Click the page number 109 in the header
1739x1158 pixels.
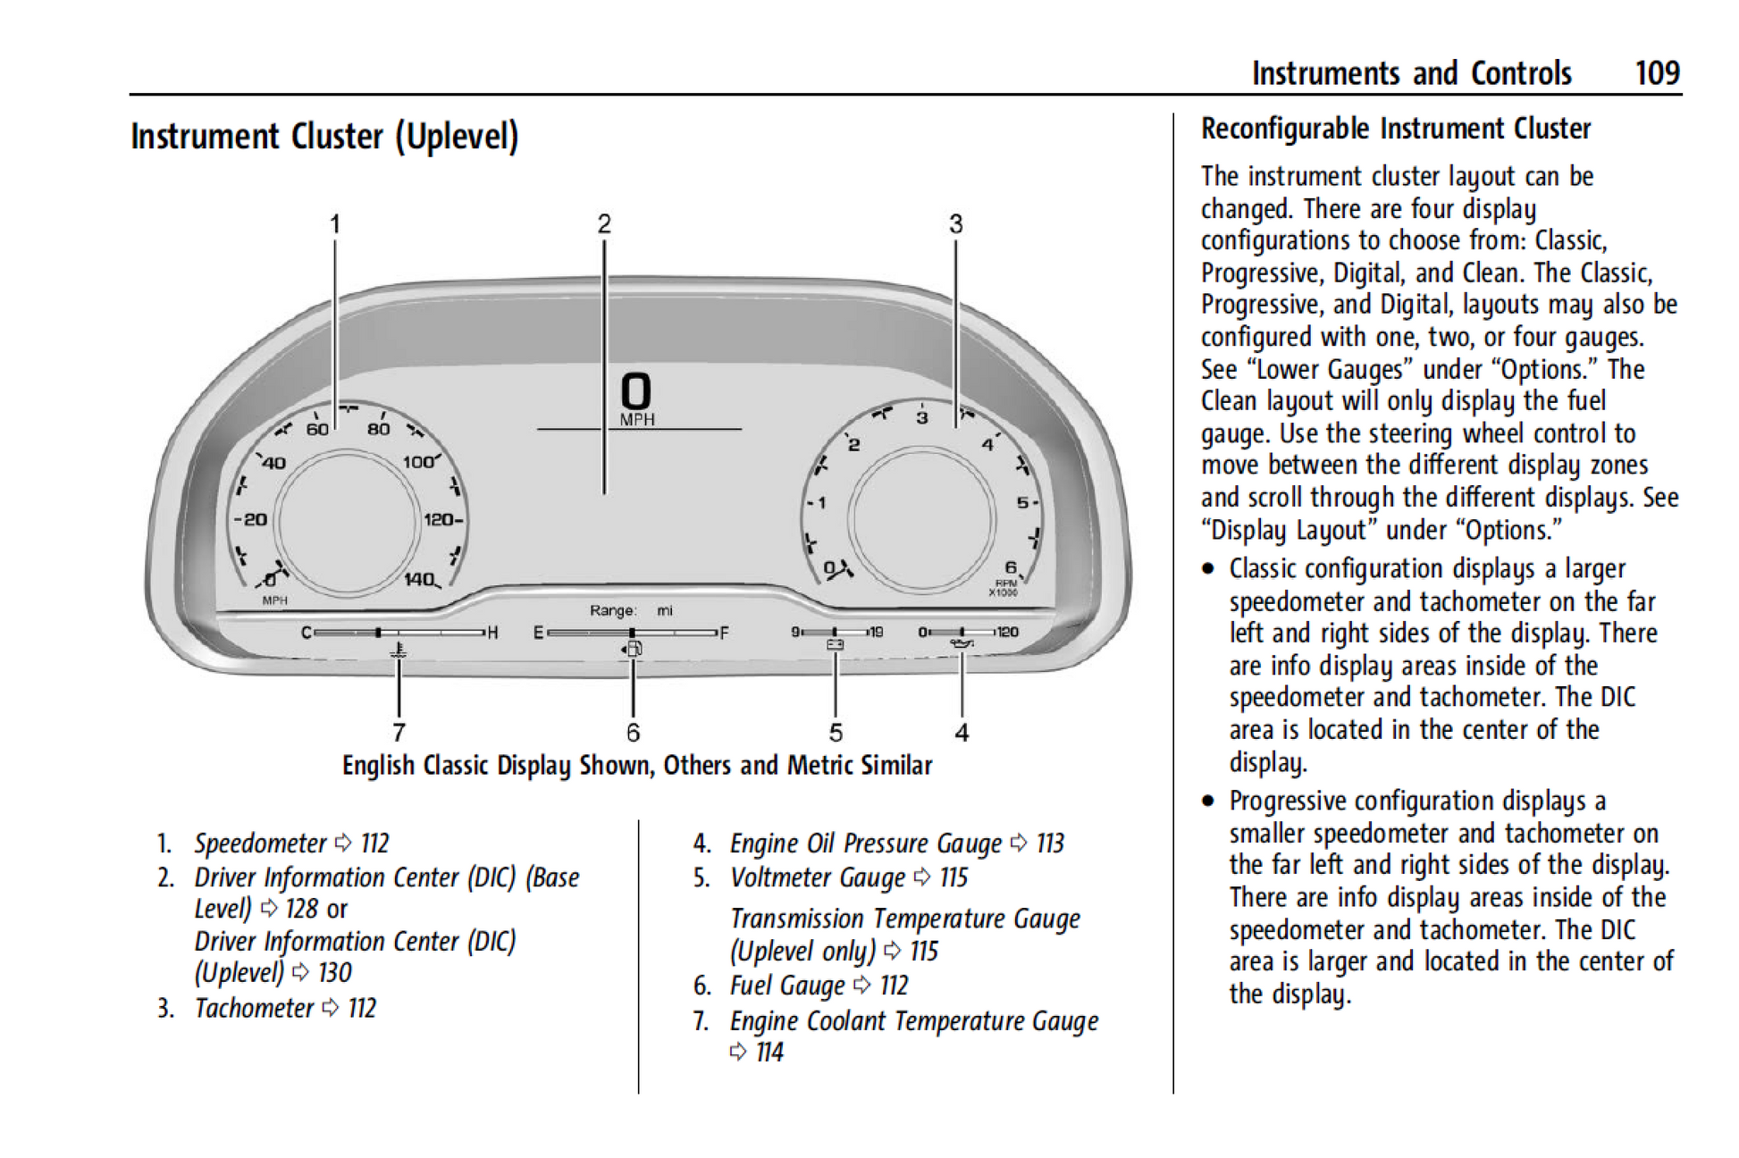[1657, 73]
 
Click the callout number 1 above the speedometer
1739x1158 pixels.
[335, 223]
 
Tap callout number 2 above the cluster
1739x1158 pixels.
[604, 223]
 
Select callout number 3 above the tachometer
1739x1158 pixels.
[955, 223]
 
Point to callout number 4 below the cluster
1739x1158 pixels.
[962, 733]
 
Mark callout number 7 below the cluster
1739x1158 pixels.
[399, 733]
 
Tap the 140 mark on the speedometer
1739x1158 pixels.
[419, 579]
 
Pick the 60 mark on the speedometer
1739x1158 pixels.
[317, 429]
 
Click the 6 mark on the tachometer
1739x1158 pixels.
[1011, 567]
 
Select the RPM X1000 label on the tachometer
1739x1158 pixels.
[1004, 588]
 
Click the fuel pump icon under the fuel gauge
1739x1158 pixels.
[633, 649]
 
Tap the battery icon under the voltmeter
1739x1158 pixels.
[835, 645]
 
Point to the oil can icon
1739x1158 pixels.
[962, 643]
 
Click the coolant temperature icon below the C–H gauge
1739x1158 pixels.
[399, 650]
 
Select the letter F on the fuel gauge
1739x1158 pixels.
[724, 633]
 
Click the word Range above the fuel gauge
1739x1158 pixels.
[612, 610]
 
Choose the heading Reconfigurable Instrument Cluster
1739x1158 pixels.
[1395, 130]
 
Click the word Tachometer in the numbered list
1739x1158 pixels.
[254, 1008]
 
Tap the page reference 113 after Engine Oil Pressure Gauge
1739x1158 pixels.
[1050, 843]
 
